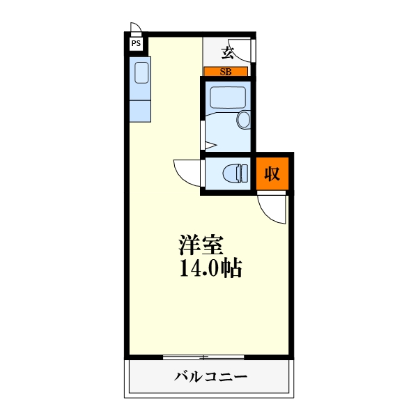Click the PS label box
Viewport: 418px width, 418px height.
tap(135, 43)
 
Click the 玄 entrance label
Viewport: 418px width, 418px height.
tap(227, 52)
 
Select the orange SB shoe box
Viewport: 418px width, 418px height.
tap(226, 71)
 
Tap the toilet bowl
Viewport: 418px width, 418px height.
tap(231, 171)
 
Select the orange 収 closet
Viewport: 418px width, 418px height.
tap(271, 173)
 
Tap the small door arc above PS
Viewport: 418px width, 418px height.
tap(137, 30)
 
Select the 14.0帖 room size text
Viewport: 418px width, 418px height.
tap(210, 269)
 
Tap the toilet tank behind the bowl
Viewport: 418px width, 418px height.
tap(243, 172)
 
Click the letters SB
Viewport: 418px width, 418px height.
tap(226, 71)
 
